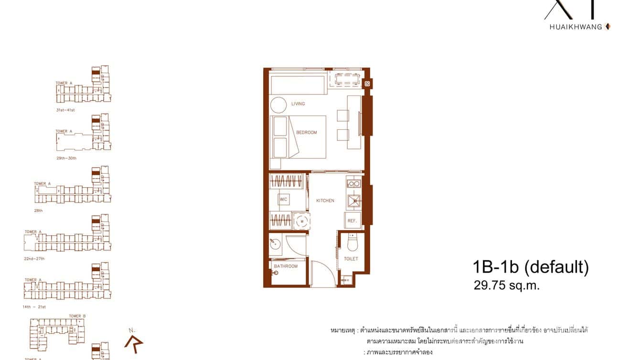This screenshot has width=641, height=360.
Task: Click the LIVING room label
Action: pos(298,104)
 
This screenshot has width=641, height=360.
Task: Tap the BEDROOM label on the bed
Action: pos(307,133)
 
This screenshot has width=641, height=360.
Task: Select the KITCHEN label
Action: pos(325,201)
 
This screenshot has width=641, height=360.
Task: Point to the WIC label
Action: pos(283,200)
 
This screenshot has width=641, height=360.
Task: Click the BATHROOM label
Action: pos(286,266)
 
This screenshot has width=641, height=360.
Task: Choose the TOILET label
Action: pos(351,259)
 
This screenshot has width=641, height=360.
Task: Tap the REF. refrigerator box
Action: pos(353,221)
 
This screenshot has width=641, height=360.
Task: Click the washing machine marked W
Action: pos(302,221)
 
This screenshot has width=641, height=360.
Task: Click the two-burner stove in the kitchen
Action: pos(353,183)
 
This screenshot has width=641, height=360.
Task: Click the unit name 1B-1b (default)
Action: pos(530,267)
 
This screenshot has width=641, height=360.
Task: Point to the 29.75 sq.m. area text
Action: pos(506,286)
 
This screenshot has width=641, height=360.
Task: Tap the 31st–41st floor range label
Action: pos(65,110)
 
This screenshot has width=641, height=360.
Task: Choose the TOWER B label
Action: pos(77,316)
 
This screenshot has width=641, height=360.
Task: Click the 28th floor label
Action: pos(38,210)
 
